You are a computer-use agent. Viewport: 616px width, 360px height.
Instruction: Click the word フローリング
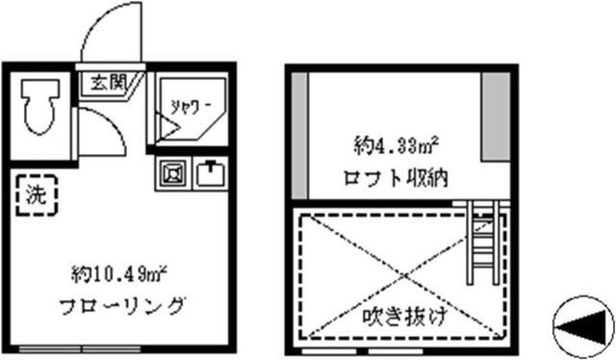[x=118, y=307]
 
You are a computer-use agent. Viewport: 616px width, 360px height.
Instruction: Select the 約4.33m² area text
[x=396, y=148]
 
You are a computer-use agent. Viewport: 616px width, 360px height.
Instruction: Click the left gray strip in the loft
[x=299, y=135]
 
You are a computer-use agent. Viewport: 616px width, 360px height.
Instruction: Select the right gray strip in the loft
[x=494, y=116]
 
